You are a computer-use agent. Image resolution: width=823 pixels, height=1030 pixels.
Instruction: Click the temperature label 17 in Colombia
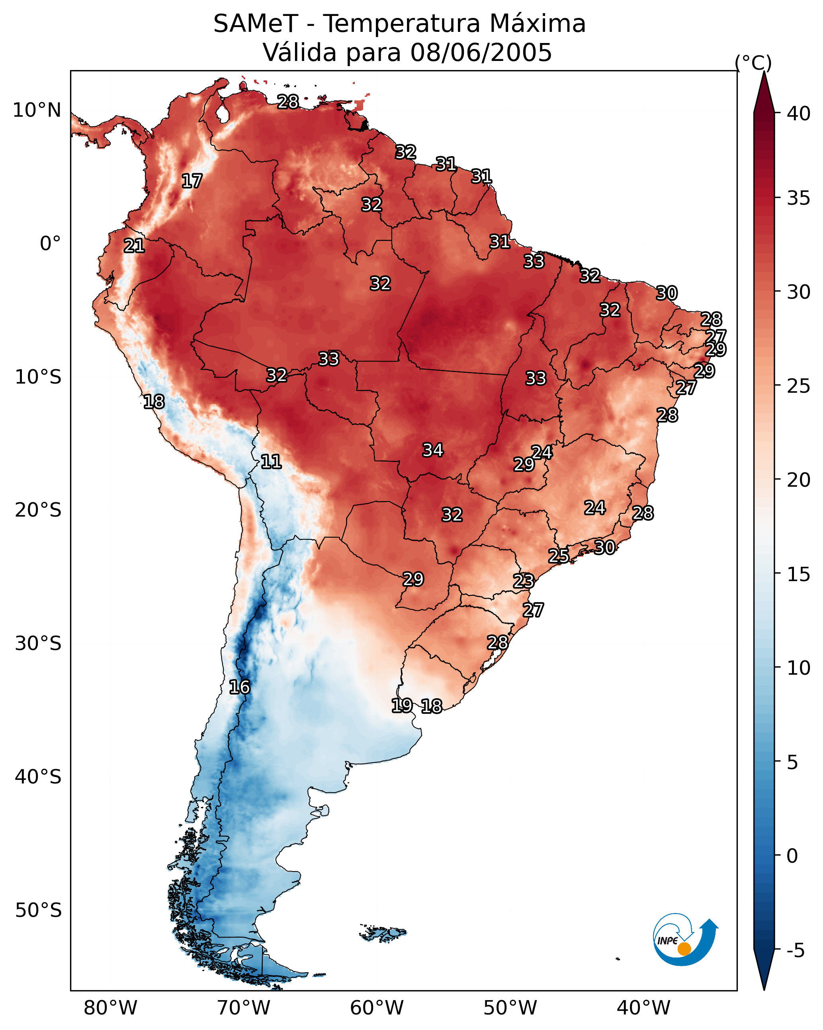pos(192,181)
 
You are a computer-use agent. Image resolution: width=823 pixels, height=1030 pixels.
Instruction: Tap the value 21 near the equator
pos(134,246)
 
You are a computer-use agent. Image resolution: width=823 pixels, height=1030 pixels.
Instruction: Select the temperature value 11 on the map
pos(271,462)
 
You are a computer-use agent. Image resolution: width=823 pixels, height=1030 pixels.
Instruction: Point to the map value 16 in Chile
pos(239,687)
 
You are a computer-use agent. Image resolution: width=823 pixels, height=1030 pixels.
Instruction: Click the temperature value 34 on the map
pos(433,450)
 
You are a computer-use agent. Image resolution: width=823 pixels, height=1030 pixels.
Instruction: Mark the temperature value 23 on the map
pos(524,581)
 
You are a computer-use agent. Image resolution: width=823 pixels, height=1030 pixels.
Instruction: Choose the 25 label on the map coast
pos(558,556)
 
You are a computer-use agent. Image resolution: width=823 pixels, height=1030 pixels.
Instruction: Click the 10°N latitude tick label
pos(37,110)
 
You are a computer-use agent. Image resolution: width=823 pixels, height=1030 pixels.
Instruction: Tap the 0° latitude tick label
pos(50,244)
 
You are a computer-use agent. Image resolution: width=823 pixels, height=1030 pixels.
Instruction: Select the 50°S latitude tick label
pos(38,911)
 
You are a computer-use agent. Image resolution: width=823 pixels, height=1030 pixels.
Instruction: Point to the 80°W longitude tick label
pos(110,1008)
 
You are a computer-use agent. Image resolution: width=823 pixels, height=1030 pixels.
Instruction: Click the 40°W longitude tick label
pos(643,1008)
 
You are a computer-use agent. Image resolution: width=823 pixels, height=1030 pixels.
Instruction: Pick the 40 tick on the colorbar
pos(799,114)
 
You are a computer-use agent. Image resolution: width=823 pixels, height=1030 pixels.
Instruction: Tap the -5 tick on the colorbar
pos(795,951)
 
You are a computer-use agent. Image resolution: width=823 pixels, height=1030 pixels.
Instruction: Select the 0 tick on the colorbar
pos(792,856)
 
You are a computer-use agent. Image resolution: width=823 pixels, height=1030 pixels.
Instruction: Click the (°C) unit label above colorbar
pos(753,63)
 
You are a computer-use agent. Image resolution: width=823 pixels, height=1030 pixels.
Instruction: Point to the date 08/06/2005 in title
pos(481,53)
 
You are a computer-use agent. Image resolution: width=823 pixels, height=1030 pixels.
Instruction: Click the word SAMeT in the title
pos(256,24)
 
